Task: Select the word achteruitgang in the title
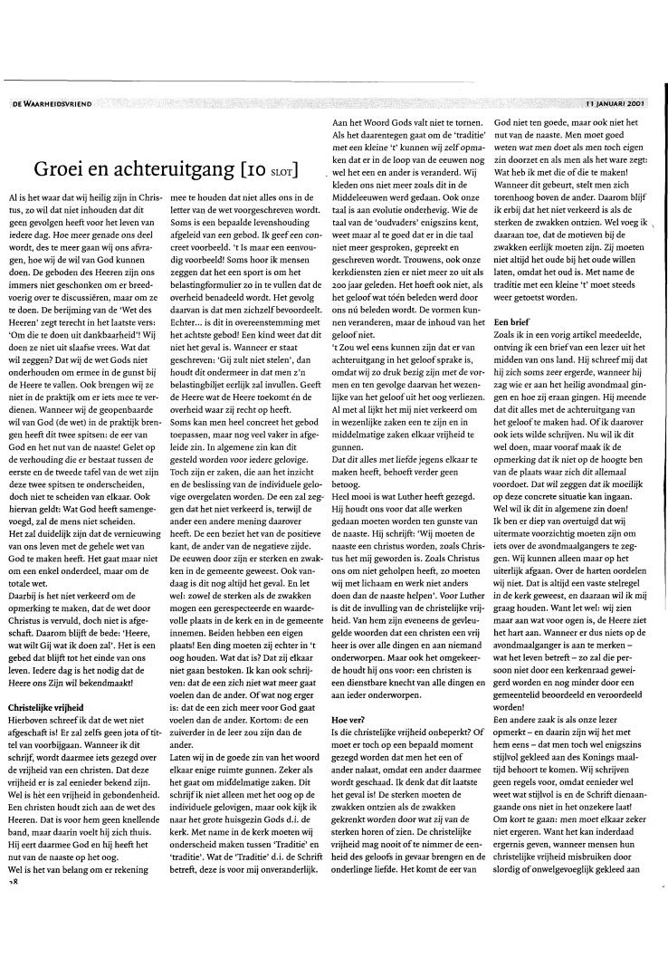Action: [167, 169]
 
